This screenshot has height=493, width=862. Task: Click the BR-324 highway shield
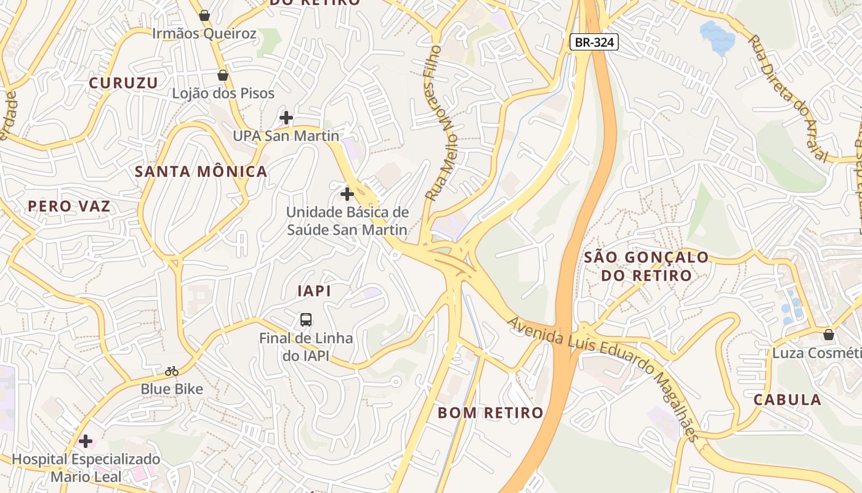pos(594,42)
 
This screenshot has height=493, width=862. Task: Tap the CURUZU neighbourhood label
pos(123,83)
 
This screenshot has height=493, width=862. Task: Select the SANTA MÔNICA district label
pos(201,171)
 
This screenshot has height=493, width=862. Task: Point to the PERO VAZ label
pos(69,206)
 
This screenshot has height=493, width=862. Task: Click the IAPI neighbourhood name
pos(314,291)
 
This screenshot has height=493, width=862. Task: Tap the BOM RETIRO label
pos(491,412)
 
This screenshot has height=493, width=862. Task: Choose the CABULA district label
pos(787,399)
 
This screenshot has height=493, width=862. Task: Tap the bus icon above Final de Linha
pos(306,319)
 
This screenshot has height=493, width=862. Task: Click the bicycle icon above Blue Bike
pos(172,371)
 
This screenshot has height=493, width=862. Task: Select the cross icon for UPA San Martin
pos(286,117)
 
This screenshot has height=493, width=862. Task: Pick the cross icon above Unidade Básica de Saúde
pos(347,194)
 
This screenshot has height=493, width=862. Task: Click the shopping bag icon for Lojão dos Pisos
pos(223,75)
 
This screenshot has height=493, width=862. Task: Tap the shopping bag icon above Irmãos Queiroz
pos(204,15)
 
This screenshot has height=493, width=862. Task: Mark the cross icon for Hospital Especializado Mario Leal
pos(86,441)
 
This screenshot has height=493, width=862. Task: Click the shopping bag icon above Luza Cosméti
pos(829,335)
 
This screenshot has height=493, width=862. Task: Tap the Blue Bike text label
pos(172,389)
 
